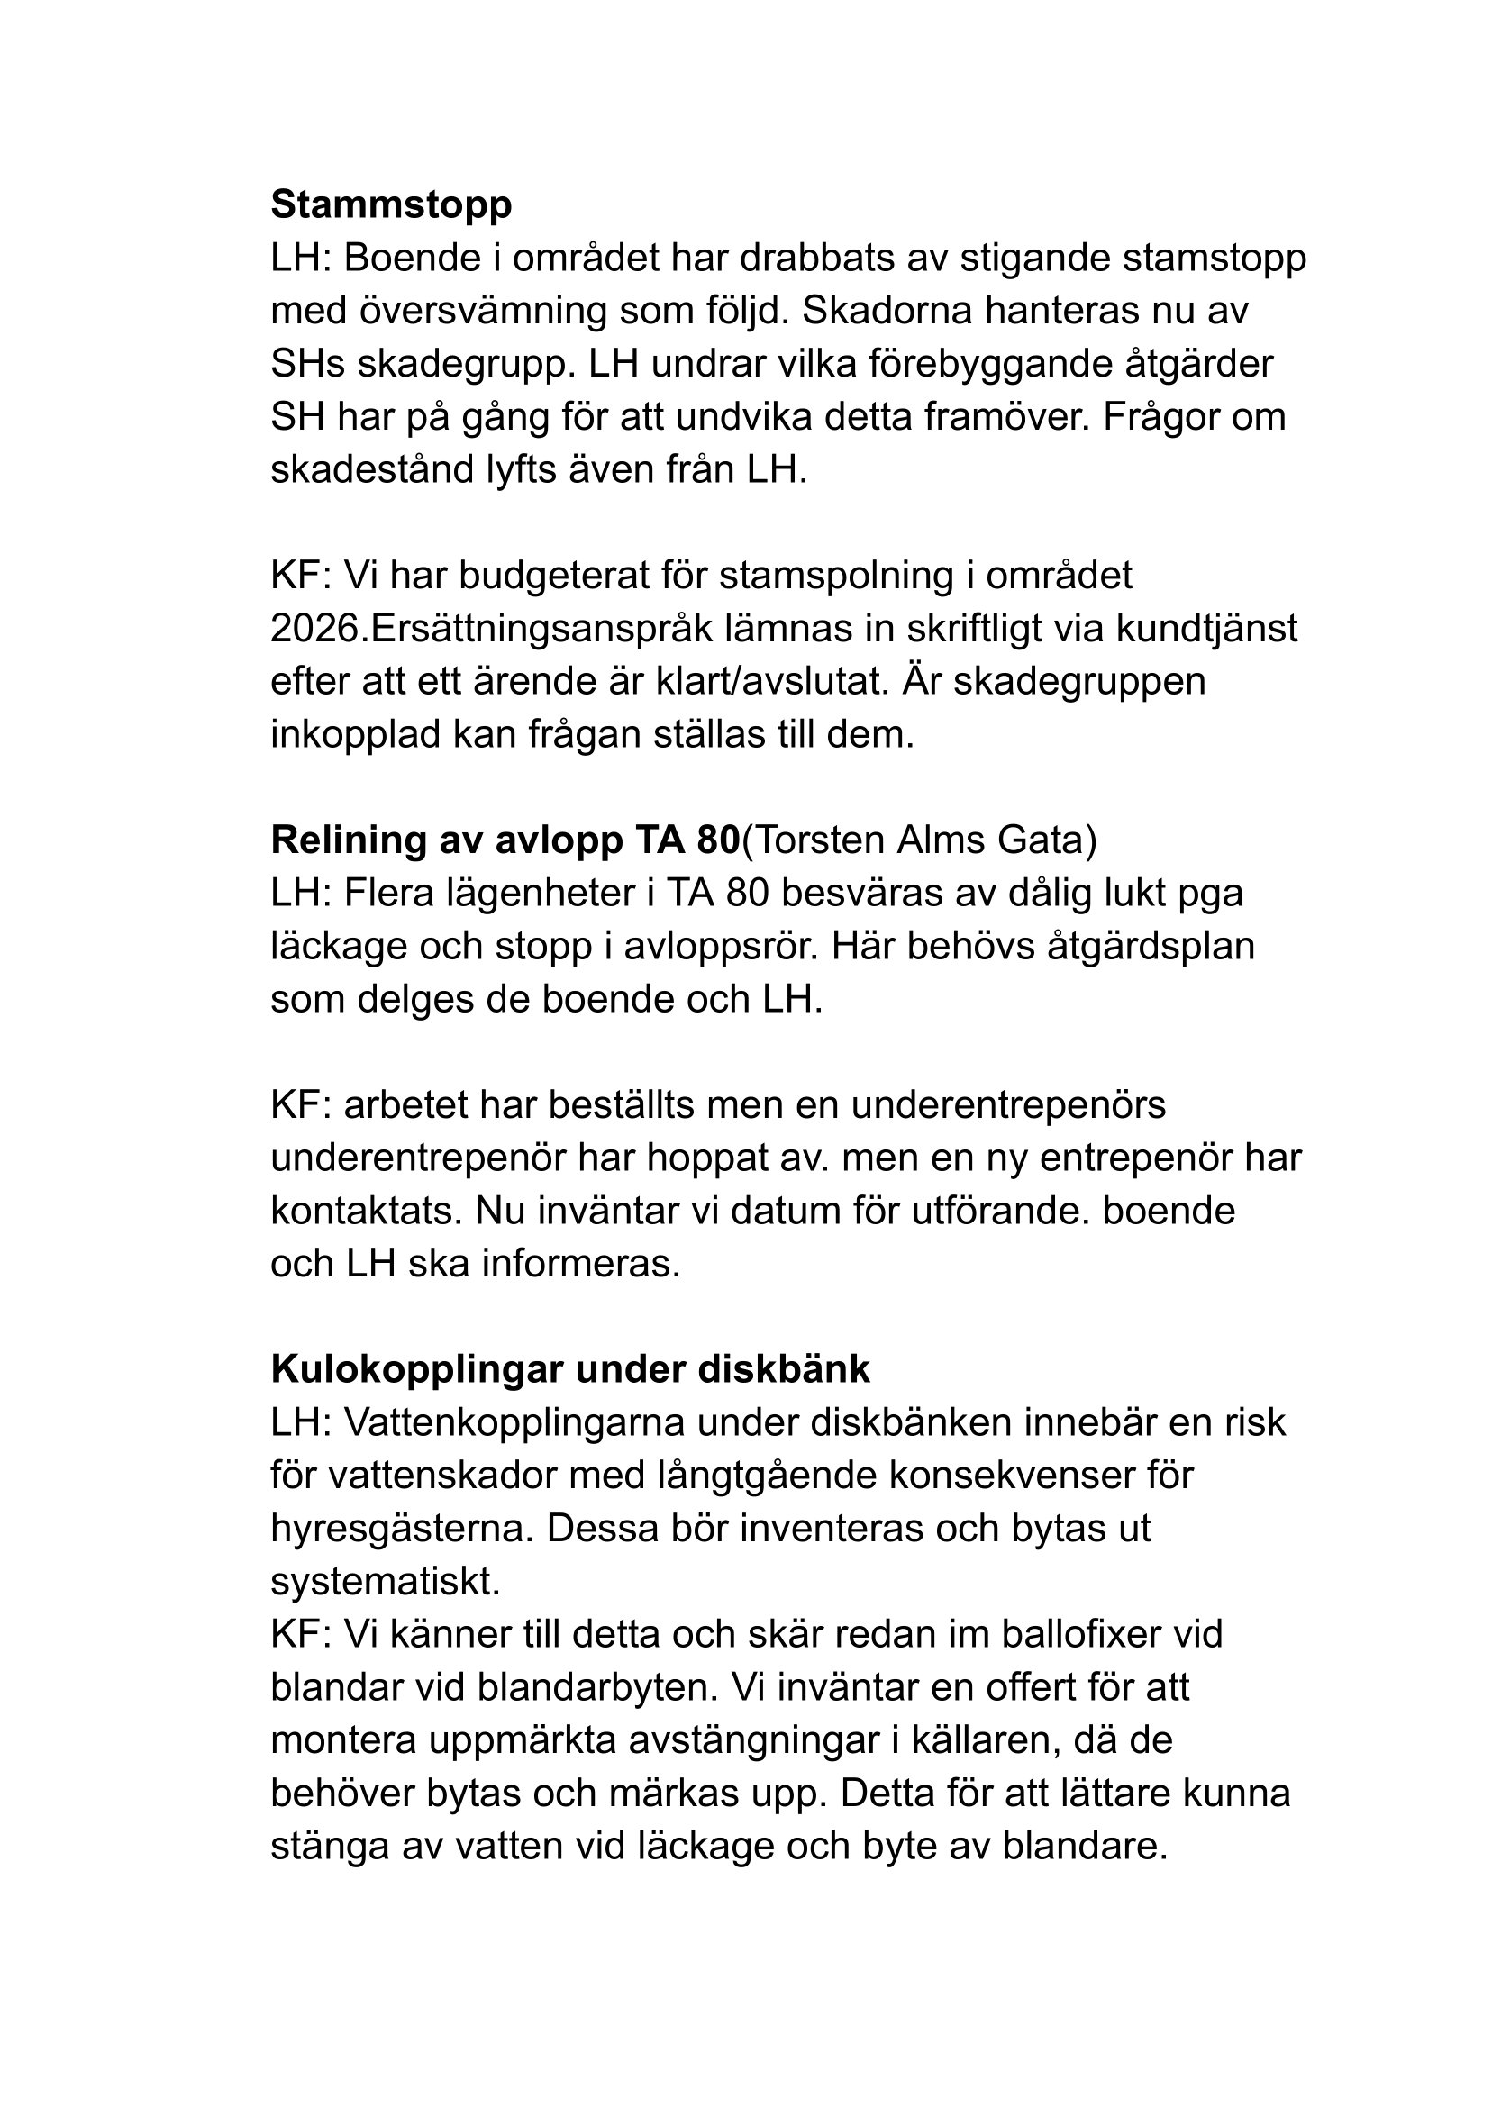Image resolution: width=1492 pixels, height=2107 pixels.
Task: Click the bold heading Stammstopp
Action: point(391,204)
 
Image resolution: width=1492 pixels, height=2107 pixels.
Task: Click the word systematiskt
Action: point(385,1582)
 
